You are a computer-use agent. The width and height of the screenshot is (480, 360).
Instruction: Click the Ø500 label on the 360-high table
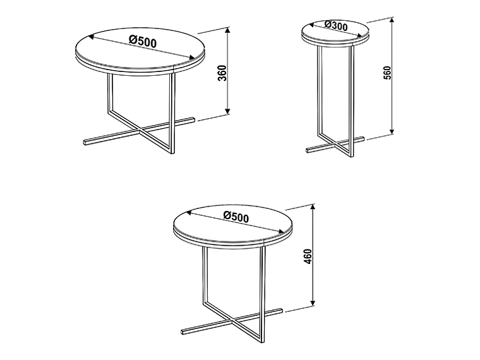coord(143,41)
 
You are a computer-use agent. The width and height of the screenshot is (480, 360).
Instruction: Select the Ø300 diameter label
coord(336,25)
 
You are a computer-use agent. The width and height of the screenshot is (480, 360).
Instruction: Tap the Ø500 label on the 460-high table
coord(236,217)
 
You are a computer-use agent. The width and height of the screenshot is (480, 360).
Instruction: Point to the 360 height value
coord(222,73)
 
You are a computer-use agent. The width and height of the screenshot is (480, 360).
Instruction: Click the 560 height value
coord(387,73)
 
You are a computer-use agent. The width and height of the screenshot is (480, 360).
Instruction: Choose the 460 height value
coord(308,256)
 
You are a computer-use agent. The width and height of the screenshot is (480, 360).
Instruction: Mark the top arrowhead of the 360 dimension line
coord(227,30)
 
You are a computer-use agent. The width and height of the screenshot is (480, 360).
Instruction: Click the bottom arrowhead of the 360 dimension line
coord(227,111)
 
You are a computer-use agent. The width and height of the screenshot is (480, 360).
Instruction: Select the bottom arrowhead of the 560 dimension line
coord(392,131)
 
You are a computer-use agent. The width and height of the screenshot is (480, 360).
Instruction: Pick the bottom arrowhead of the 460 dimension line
coord(313,303)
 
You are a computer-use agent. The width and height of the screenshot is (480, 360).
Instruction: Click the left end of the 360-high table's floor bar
coord(85,142)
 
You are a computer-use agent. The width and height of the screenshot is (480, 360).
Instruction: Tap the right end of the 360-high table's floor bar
coord(193,120)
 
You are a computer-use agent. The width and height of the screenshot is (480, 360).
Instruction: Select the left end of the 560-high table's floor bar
coord(308,150)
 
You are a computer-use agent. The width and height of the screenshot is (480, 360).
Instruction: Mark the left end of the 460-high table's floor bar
coord(183,332)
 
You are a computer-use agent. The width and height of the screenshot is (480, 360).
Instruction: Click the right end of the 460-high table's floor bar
coord(280,310)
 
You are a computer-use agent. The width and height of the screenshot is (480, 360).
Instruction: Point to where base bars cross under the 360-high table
coord(140,131)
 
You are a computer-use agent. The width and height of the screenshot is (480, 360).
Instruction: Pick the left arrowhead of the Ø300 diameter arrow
coord(312,25)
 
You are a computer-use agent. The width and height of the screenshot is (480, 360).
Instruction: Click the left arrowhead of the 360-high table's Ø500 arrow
coord(91,37)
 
